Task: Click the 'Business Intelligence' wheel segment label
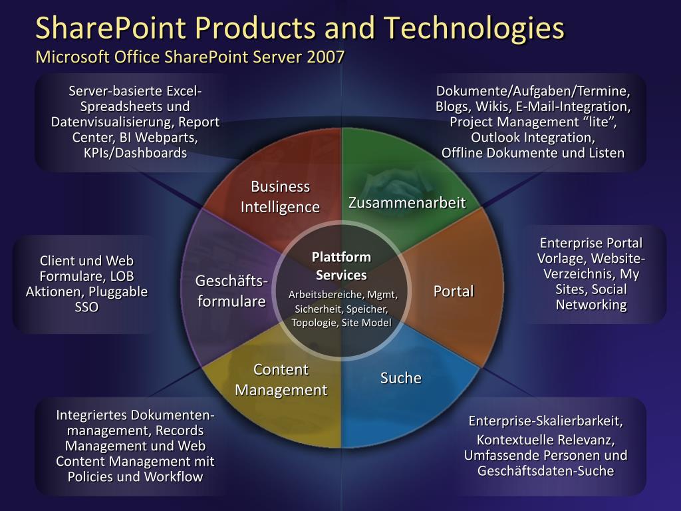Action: pyautogui.click(x=280, y=197)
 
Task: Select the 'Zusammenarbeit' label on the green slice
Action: pyautogui.click(x=407, y=203)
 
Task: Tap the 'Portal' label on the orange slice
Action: pyautogui.click(x=454, y=291)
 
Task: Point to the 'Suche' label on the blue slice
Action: pyautogui.click(x=401, y=378)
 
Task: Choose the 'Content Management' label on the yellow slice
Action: pyautogui.click(x=281, y=380)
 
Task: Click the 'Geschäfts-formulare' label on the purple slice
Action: pyautogui.click(x=231, y=291)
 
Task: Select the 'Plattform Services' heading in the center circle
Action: pyautogui.click(x=341, y=266)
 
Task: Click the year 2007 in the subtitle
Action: pyautogui.click(x=326, y=57)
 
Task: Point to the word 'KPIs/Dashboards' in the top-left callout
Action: pyautogui.click(x=135, y=153)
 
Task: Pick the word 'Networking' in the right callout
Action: pyautogui.click(x=591, y=305)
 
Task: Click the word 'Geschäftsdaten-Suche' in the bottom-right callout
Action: pyautogui.click(x=545, y=471)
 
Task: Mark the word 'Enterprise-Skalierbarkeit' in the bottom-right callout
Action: pyautogui.click(x=545, y=421)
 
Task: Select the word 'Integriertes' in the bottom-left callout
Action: pyautogui.click(x=92, y=415)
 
